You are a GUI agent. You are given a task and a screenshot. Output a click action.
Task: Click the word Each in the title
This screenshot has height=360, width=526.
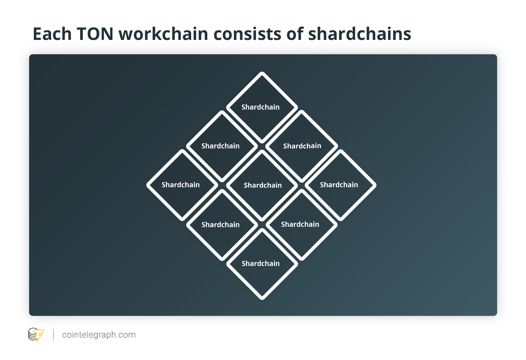52,34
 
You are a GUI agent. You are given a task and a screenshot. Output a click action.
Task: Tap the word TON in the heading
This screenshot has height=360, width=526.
95,34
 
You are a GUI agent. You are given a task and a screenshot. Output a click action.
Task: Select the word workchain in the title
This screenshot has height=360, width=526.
164,34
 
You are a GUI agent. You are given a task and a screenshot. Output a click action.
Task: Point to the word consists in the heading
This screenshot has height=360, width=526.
247,34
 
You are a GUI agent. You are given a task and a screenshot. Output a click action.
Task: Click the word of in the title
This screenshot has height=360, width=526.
295,34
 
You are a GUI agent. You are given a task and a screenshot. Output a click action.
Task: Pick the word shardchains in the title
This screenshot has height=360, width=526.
359,34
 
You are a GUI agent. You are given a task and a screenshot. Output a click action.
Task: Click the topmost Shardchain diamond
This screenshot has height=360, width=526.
262,107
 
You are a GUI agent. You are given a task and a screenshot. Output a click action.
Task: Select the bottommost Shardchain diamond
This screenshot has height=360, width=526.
262,264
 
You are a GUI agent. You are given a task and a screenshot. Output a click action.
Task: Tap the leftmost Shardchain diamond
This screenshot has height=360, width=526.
182,185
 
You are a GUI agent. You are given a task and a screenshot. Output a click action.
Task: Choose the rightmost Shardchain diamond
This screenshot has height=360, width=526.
341,185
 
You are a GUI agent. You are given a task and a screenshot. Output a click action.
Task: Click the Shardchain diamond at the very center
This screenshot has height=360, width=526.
262,185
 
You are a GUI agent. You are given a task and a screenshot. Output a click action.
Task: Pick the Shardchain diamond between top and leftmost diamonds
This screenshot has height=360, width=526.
222,146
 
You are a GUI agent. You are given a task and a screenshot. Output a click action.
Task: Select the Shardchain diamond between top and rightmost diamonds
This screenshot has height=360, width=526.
302,146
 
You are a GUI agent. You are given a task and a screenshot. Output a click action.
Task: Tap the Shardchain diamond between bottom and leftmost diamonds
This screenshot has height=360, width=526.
222,225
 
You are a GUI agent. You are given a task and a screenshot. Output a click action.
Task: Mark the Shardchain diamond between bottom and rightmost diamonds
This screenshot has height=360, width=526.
302,225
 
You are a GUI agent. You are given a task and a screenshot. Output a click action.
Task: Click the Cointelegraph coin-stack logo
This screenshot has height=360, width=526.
36,335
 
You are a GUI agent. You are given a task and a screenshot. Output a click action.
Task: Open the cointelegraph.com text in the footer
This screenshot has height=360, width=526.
99,335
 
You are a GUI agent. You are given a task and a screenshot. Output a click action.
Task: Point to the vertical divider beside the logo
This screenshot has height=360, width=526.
54,335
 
